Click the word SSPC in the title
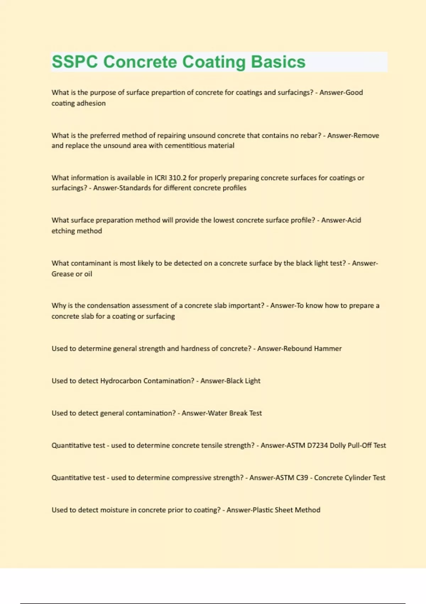75,62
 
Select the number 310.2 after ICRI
177,178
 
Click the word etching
64,231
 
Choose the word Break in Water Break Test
238,413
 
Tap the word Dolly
338,446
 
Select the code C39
302,478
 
